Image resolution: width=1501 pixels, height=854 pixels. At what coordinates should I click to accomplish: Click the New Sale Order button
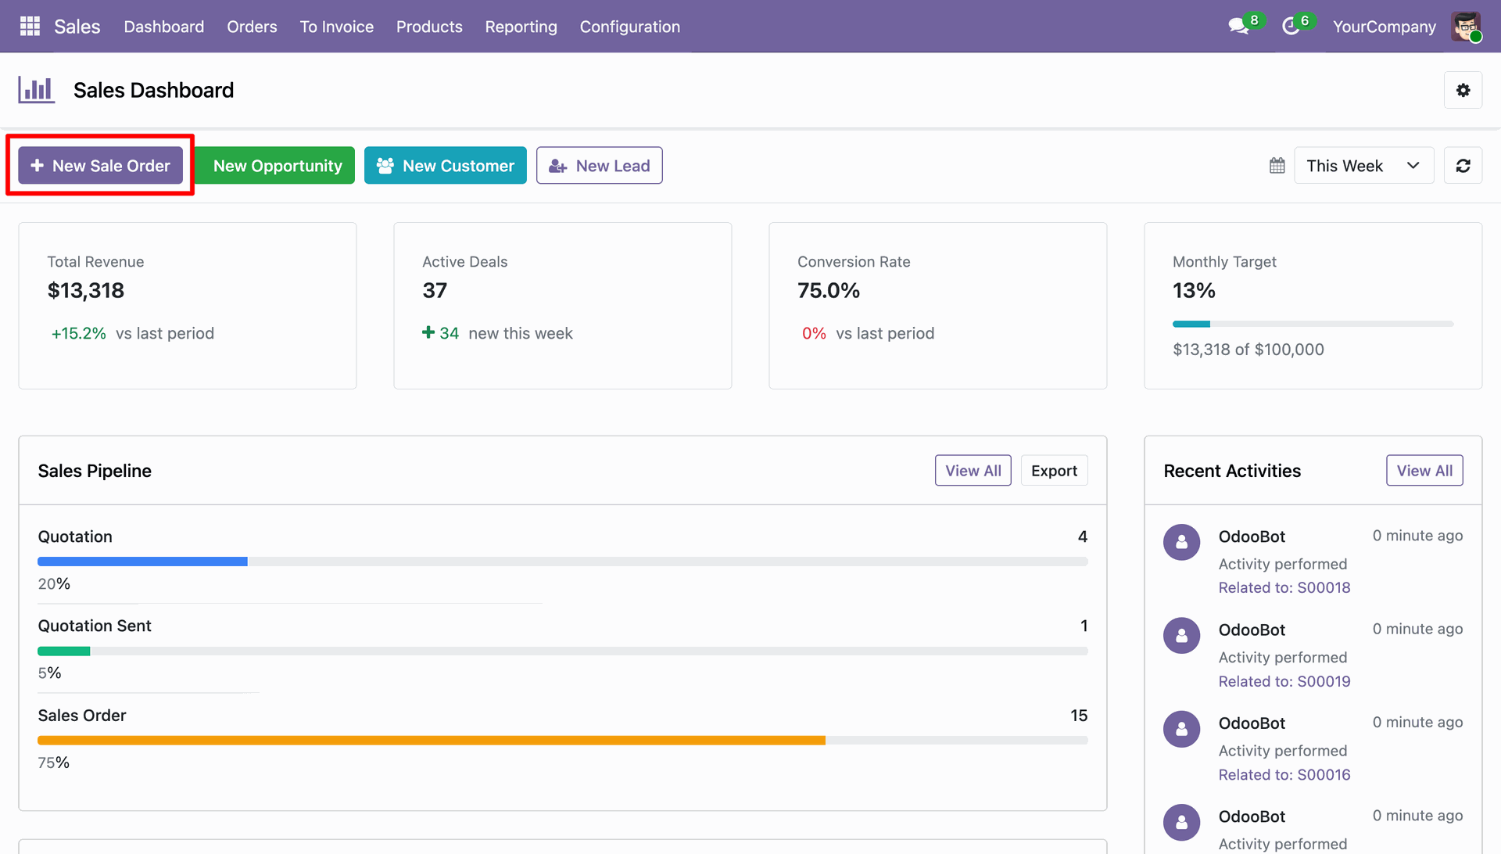click(100, 166)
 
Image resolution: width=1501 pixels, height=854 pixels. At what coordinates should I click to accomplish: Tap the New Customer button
click(446, 166)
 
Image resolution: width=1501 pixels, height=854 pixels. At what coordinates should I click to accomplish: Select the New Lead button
click(600, 166)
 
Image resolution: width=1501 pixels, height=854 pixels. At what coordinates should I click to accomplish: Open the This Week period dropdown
click(1364, 166)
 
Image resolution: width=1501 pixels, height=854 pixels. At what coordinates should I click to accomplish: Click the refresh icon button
click(1463, 166)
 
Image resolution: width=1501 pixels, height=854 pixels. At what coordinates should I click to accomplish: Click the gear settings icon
click(1463, 91)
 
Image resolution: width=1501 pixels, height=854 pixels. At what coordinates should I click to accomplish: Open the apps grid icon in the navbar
click(30, 27)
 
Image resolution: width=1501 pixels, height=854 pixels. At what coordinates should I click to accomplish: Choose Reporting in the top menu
click(521, 27)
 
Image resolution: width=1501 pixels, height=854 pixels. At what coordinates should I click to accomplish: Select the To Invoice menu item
click(337, 27)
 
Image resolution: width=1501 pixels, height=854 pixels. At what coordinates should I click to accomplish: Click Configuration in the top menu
click(630, 27)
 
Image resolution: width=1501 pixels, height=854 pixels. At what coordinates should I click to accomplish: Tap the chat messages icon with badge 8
click(1239, 27)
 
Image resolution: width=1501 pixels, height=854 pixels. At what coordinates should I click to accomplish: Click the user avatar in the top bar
click(1467, 27)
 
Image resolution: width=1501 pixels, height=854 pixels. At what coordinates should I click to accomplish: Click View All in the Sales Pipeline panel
click(973, 471)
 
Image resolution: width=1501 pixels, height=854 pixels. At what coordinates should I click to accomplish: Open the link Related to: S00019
click(1284, 682)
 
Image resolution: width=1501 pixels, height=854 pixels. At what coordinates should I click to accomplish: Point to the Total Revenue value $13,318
click(86, 291)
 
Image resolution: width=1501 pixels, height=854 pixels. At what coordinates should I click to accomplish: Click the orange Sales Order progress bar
click(432, 741)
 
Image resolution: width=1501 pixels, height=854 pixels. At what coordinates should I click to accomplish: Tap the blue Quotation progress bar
click(142, 562)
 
